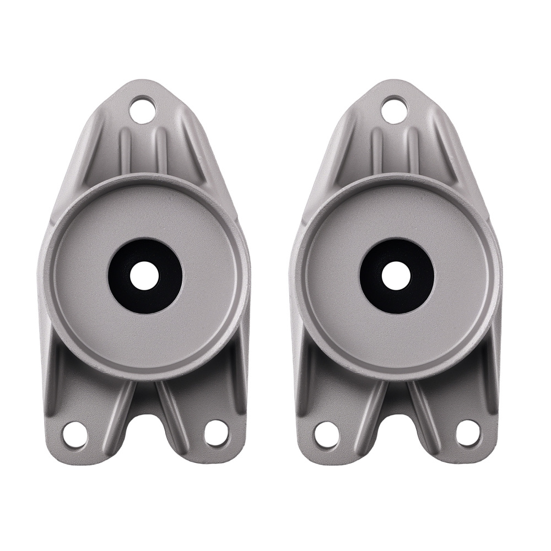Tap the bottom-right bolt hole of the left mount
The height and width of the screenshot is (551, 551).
tap(215, 433)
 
